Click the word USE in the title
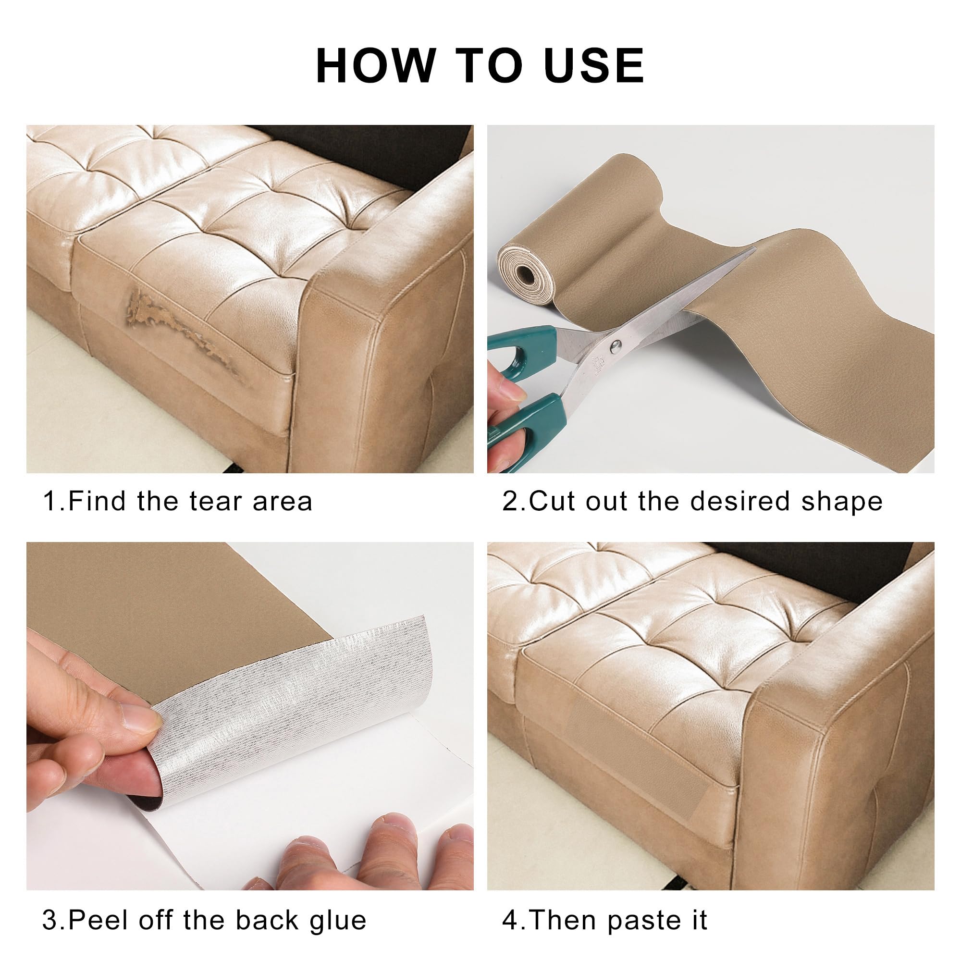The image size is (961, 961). pos(594,66)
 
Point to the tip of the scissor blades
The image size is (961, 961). pos(753,251)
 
